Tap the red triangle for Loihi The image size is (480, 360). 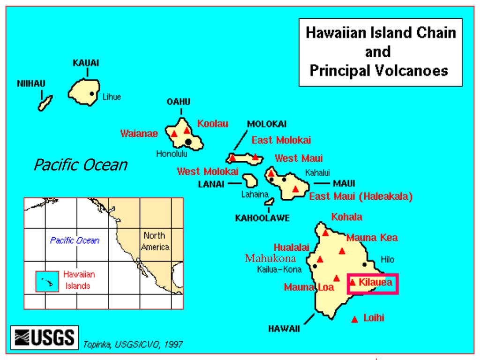(355, 319)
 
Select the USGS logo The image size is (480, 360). (45, 337)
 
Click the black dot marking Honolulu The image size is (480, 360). (188, 142)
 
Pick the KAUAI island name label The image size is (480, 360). (86, 63)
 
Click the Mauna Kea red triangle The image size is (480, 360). (342, 251)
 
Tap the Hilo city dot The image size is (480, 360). (365, 264)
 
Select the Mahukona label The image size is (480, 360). (270, 258)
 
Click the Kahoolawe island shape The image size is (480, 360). (269, 202)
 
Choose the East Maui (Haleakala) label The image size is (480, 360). (361, 196)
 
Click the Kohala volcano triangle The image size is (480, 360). (325, 232)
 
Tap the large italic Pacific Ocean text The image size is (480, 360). (81, 165)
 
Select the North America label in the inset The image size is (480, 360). (156, 241)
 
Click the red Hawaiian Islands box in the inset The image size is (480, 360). (47, 281)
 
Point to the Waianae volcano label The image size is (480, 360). (139, 133)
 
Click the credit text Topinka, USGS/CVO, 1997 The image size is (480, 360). (133, 345)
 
